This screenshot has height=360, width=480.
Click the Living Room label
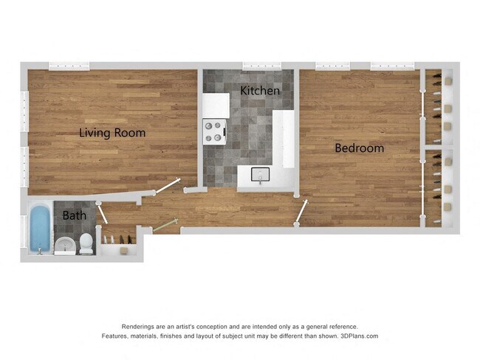[x=112, y=134]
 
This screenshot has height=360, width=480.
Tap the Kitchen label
[x=260, y=91]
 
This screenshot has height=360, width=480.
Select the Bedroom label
[x=359, y=148]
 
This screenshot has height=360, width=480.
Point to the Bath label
[x=73, y=216]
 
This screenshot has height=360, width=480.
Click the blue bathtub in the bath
[x=40, y=229]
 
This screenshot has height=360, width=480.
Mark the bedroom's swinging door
[x=301, y=212]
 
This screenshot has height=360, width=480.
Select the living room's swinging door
[x=168, y=184]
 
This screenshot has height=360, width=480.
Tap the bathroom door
[x=103, y=215]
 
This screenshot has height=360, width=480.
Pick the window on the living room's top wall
[x=69, y=66]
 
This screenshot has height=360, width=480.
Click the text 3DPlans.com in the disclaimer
[x=359, y=336]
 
